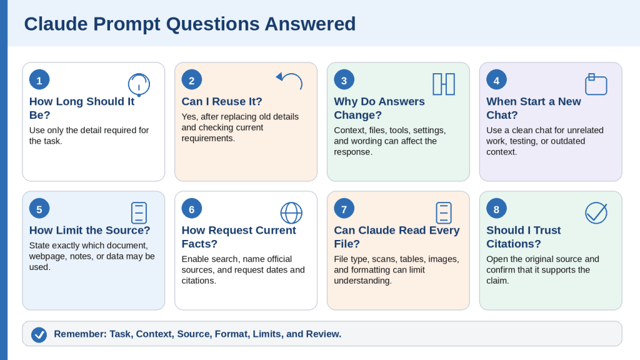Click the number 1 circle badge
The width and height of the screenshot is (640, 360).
coord(39,80)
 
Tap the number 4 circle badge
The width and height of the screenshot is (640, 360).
coord(496,80)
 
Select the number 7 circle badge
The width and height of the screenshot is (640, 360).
coord(344,209)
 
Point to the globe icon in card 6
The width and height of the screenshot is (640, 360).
coord(291,212)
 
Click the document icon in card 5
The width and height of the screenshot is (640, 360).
coord(139,212)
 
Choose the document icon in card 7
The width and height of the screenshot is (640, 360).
coord(444,212)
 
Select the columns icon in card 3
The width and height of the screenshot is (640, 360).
coord(444,84)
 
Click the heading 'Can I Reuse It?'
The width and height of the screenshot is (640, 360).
coord(222,101)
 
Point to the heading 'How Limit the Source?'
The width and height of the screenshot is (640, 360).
coord(90,230)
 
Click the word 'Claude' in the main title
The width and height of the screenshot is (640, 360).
coord(56,24)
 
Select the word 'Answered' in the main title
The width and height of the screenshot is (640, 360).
coord(310,24)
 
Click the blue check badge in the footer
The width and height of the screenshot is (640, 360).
coord(39,335)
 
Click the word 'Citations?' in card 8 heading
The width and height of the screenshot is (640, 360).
coord(514,244)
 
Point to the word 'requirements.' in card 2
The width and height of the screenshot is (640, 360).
coord(208,138)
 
